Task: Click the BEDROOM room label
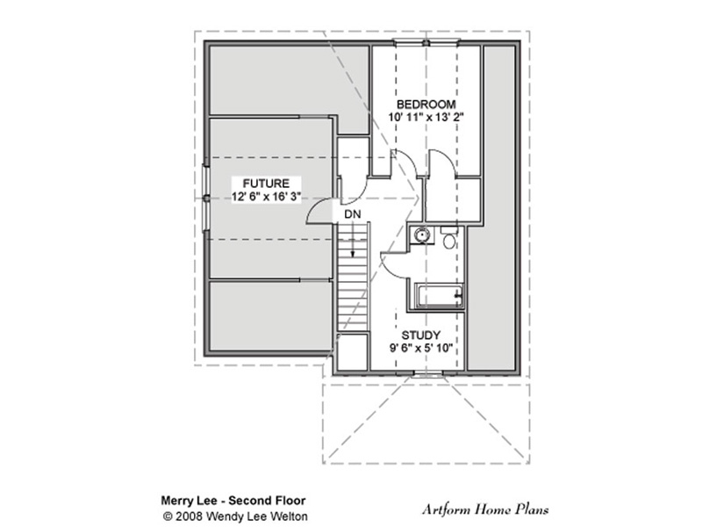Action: pos(426,105)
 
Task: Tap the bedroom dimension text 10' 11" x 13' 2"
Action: pos(426,118)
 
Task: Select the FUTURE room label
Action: pos(266,184)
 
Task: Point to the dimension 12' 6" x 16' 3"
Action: pos(266,196)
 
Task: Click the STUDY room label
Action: pos(421,336)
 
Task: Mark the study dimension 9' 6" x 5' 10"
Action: pos(421,348)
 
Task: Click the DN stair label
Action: pos(353,214)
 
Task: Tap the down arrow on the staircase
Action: pos(353,239)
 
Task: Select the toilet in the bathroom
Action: pos(449,237)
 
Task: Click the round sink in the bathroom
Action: pos(422,235)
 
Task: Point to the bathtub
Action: pos(440,296)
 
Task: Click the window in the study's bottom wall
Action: pos(426,374)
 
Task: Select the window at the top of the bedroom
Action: pos(426,43)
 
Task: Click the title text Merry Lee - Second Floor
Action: pos(233,501)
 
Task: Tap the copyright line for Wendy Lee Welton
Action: pos(235,516)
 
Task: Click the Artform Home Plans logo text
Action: pos(485,509)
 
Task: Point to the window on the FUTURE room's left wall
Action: pos(206,199)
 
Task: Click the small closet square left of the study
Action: pos(353,352)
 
